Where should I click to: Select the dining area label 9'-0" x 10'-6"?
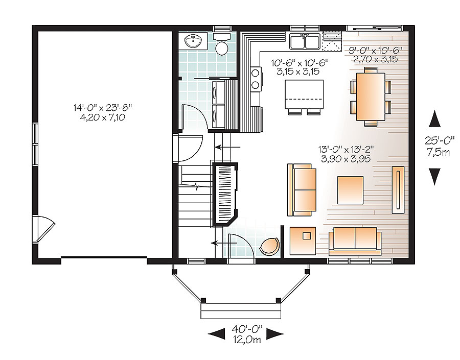click(373, 51)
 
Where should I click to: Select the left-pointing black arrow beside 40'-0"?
click(217, 333)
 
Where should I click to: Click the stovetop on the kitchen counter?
click(254, 79)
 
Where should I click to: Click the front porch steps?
click(241, 310)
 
